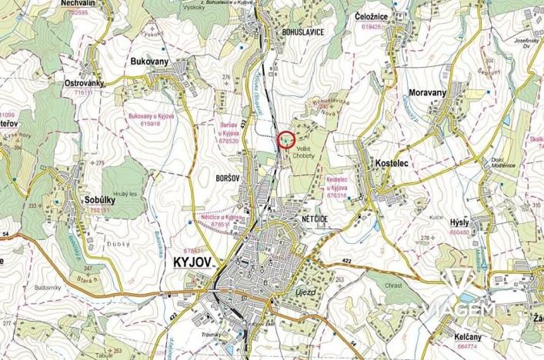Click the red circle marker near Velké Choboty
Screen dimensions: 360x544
point(285,140)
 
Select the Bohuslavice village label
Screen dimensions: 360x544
point(292,32)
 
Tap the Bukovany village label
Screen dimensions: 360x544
point(149,59)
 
